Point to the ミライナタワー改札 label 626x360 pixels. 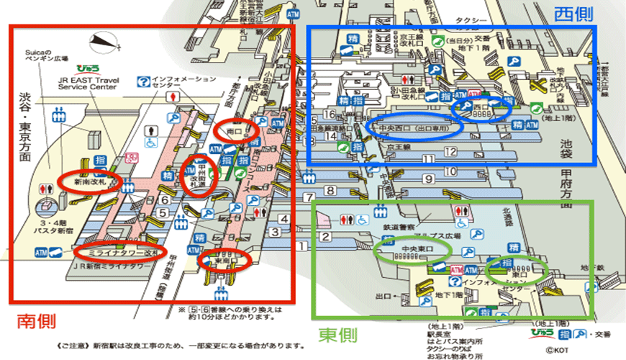pos(122,253)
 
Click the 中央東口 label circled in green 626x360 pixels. pos(415,249)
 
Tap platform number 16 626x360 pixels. pos(330,113)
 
